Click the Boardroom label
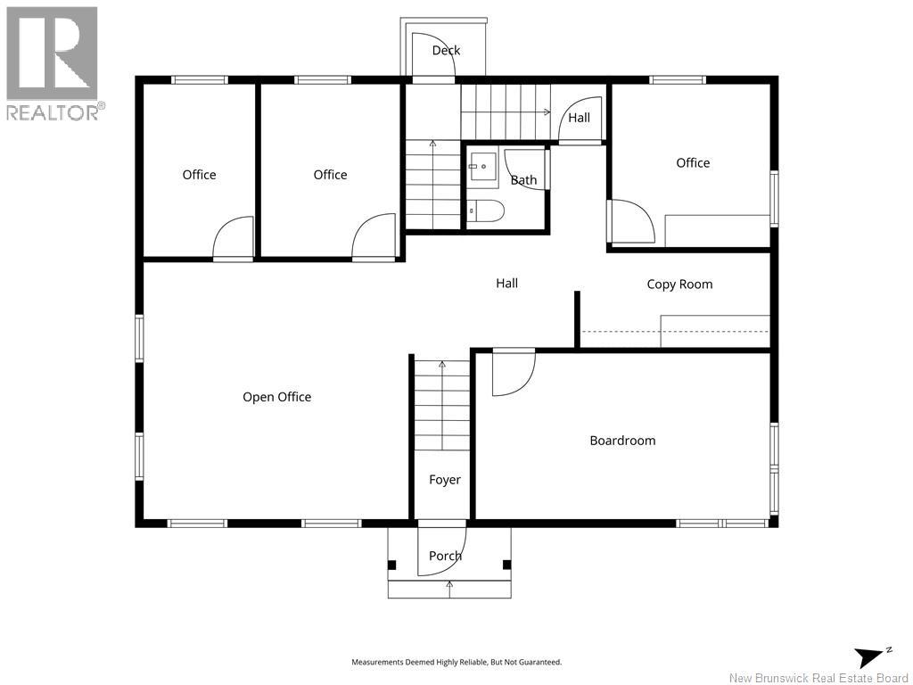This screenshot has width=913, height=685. [622, 441]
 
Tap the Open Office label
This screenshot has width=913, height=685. [276, 397]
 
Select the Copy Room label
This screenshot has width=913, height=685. [679, 285]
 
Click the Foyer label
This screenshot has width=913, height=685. [444, 480]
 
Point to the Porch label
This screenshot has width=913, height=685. [445, 556]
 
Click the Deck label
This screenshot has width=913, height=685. [446, 51]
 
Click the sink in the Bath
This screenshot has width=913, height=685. [482, 167]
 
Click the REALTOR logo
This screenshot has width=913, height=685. [53, 63]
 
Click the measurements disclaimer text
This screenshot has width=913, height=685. [456, 662]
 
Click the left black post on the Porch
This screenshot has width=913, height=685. [392, 565]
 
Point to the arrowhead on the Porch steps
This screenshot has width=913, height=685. [449, 582]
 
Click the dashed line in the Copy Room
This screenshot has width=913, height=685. [676, 332]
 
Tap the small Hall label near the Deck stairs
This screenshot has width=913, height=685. [579, 118]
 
